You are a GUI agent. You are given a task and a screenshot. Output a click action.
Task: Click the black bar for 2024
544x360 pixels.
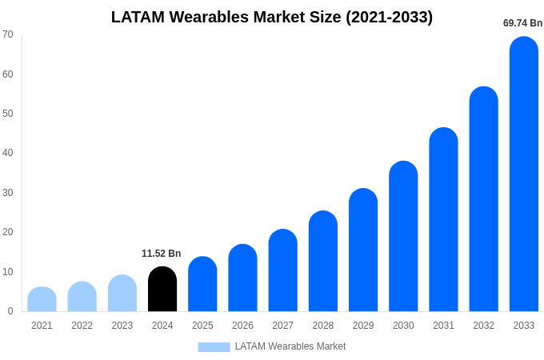[x=162, y=290]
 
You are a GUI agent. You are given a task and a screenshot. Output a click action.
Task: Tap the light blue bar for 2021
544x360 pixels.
[x=42, y=300]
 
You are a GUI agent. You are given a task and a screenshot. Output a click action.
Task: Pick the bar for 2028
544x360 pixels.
[x=322, y=262]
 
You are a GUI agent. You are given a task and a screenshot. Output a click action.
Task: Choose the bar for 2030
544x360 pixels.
[x=403, y=237]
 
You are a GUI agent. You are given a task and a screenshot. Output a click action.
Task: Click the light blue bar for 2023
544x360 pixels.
[x=122, y=294]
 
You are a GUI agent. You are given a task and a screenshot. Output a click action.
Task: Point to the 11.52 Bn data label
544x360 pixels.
[x=162, y=254]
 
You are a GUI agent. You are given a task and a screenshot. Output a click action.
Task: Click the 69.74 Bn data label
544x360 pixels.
[x=522, y=23]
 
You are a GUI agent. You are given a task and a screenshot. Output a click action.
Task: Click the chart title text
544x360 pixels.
[x=272, y=17]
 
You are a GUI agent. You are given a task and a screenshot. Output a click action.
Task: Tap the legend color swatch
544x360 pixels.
[x=214, y=347]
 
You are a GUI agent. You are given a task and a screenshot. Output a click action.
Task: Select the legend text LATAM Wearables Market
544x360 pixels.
[x=290, y=346]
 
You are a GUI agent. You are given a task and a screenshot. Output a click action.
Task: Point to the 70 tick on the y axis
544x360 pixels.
[x=8, y=34]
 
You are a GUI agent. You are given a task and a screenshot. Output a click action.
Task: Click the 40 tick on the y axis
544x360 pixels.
[x=8, y=153]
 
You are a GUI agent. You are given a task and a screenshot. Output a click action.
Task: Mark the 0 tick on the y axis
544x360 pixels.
[x=10, y=311]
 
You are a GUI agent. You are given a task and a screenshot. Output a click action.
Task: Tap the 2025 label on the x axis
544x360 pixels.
[x=202, y=326]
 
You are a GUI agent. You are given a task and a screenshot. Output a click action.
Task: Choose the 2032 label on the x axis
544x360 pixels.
[x=483, y=326]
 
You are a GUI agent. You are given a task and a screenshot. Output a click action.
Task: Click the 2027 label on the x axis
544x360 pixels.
[x=282, y=326]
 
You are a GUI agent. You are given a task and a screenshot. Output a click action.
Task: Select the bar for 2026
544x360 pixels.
[x=242, y=278]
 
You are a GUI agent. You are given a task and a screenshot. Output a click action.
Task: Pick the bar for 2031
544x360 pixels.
[x=443, y=220]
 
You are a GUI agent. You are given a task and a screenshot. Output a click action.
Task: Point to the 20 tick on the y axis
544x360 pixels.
[x=8, y=232]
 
